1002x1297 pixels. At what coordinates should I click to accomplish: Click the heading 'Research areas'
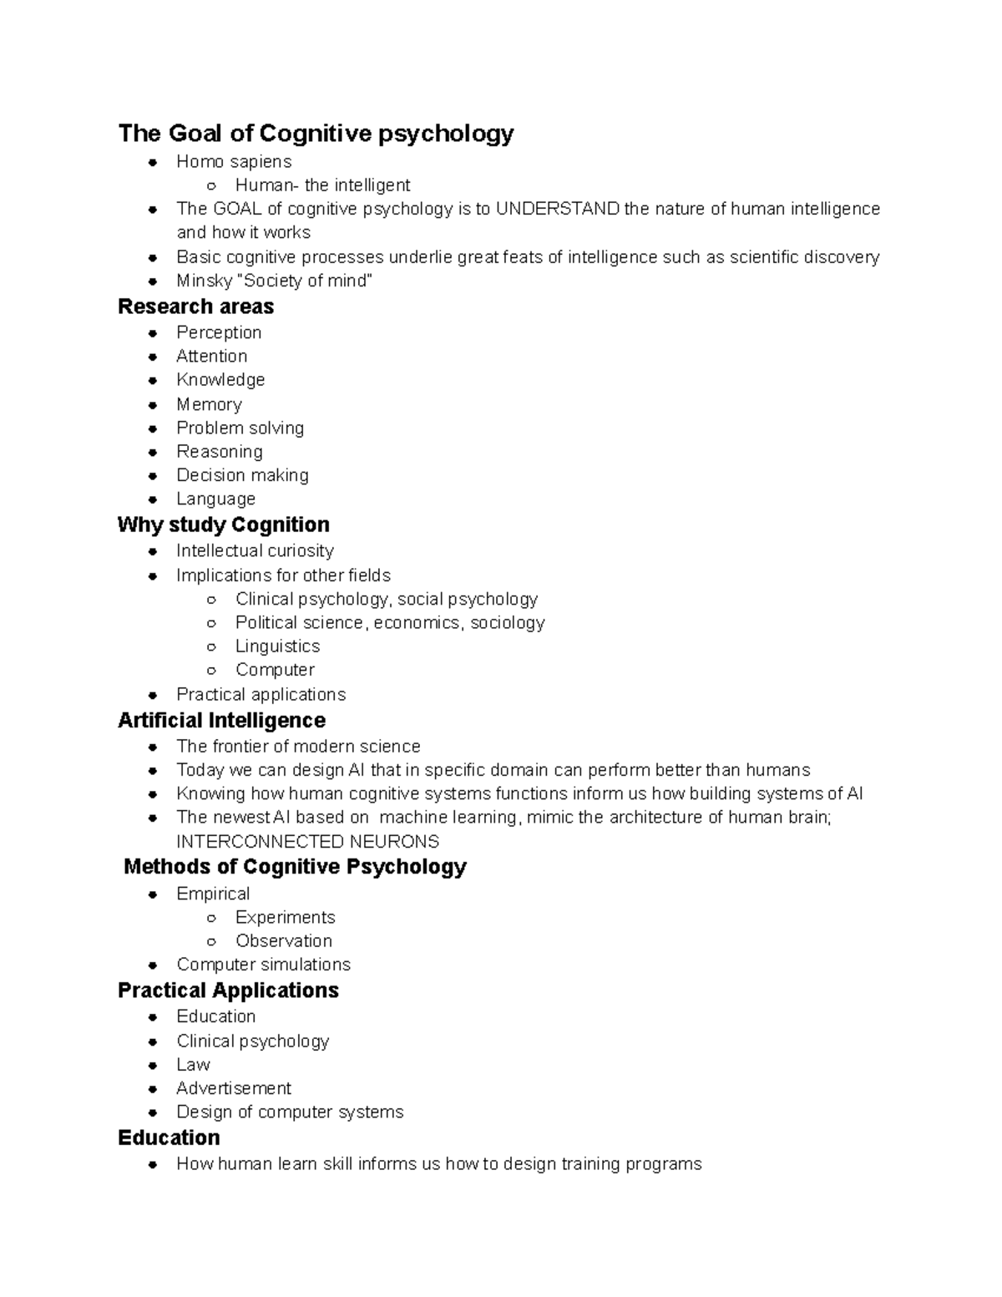click(x=195, y=307)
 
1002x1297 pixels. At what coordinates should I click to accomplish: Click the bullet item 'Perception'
click(x=219, y=332)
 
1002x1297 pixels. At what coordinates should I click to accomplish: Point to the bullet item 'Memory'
click(x=209, y=404)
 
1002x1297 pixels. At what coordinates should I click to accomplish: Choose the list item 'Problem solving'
click(x=240, y=428)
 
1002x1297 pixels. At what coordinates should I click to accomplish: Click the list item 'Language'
click(x=215, y=499)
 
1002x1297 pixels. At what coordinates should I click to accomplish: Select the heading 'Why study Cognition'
click(x=223, y=524)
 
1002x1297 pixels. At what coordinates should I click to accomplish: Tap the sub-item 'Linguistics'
click(x=277, y=646)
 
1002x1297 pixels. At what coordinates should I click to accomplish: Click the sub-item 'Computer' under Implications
click(x=275, y=670)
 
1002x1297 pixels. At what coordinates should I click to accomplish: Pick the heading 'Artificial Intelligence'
click(x=221, y=720)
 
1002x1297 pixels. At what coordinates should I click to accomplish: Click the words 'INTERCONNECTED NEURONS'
click(x=307, y=841)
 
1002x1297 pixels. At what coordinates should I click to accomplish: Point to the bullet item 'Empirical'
click(x=213, y=894)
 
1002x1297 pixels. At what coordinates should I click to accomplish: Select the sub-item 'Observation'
click(x=283, y=941)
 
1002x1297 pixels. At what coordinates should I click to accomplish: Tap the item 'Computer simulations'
click(x=263, y=965)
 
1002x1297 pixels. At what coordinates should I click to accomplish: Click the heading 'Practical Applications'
click(x=228, y=990)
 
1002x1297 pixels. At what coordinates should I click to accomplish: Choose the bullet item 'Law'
click(x=193, y=1065)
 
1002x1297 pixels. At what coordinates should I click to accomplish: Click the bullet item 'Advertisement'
click(x=234, y=1088)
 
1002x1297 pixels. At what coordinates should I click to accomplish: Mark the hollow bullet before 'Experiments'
click(x=212, y=918)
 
